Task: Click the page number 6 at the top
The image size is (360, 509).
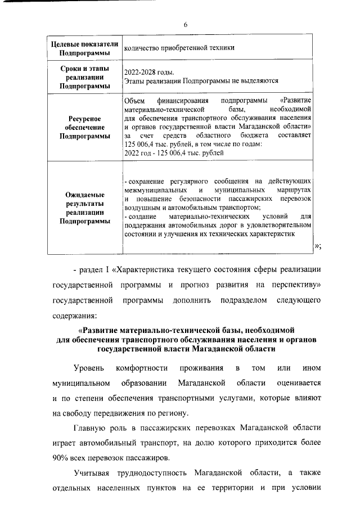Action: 185,25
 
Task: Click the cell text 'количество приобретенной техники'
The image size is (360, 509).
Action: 179,48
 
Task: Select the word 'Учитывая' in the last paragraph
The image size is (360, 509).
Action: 93,471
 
